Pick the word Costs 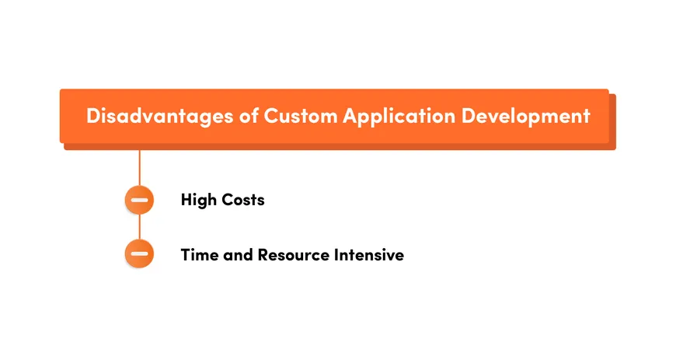tap(242, 200)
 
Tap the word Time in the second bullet tap(198, 254)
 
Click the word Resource tap(293, 254)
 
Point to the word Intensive tap(369, 254)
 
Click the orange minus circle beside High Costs tap(140, 200)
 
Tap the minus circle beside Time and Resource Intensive tap(140, 253)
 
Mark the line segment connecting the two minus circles tap(140, 226)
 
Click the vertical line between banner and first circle tap(140, 165)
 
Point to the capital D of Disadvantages tap(93, 116)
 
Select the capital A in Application tap(351, 116)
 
